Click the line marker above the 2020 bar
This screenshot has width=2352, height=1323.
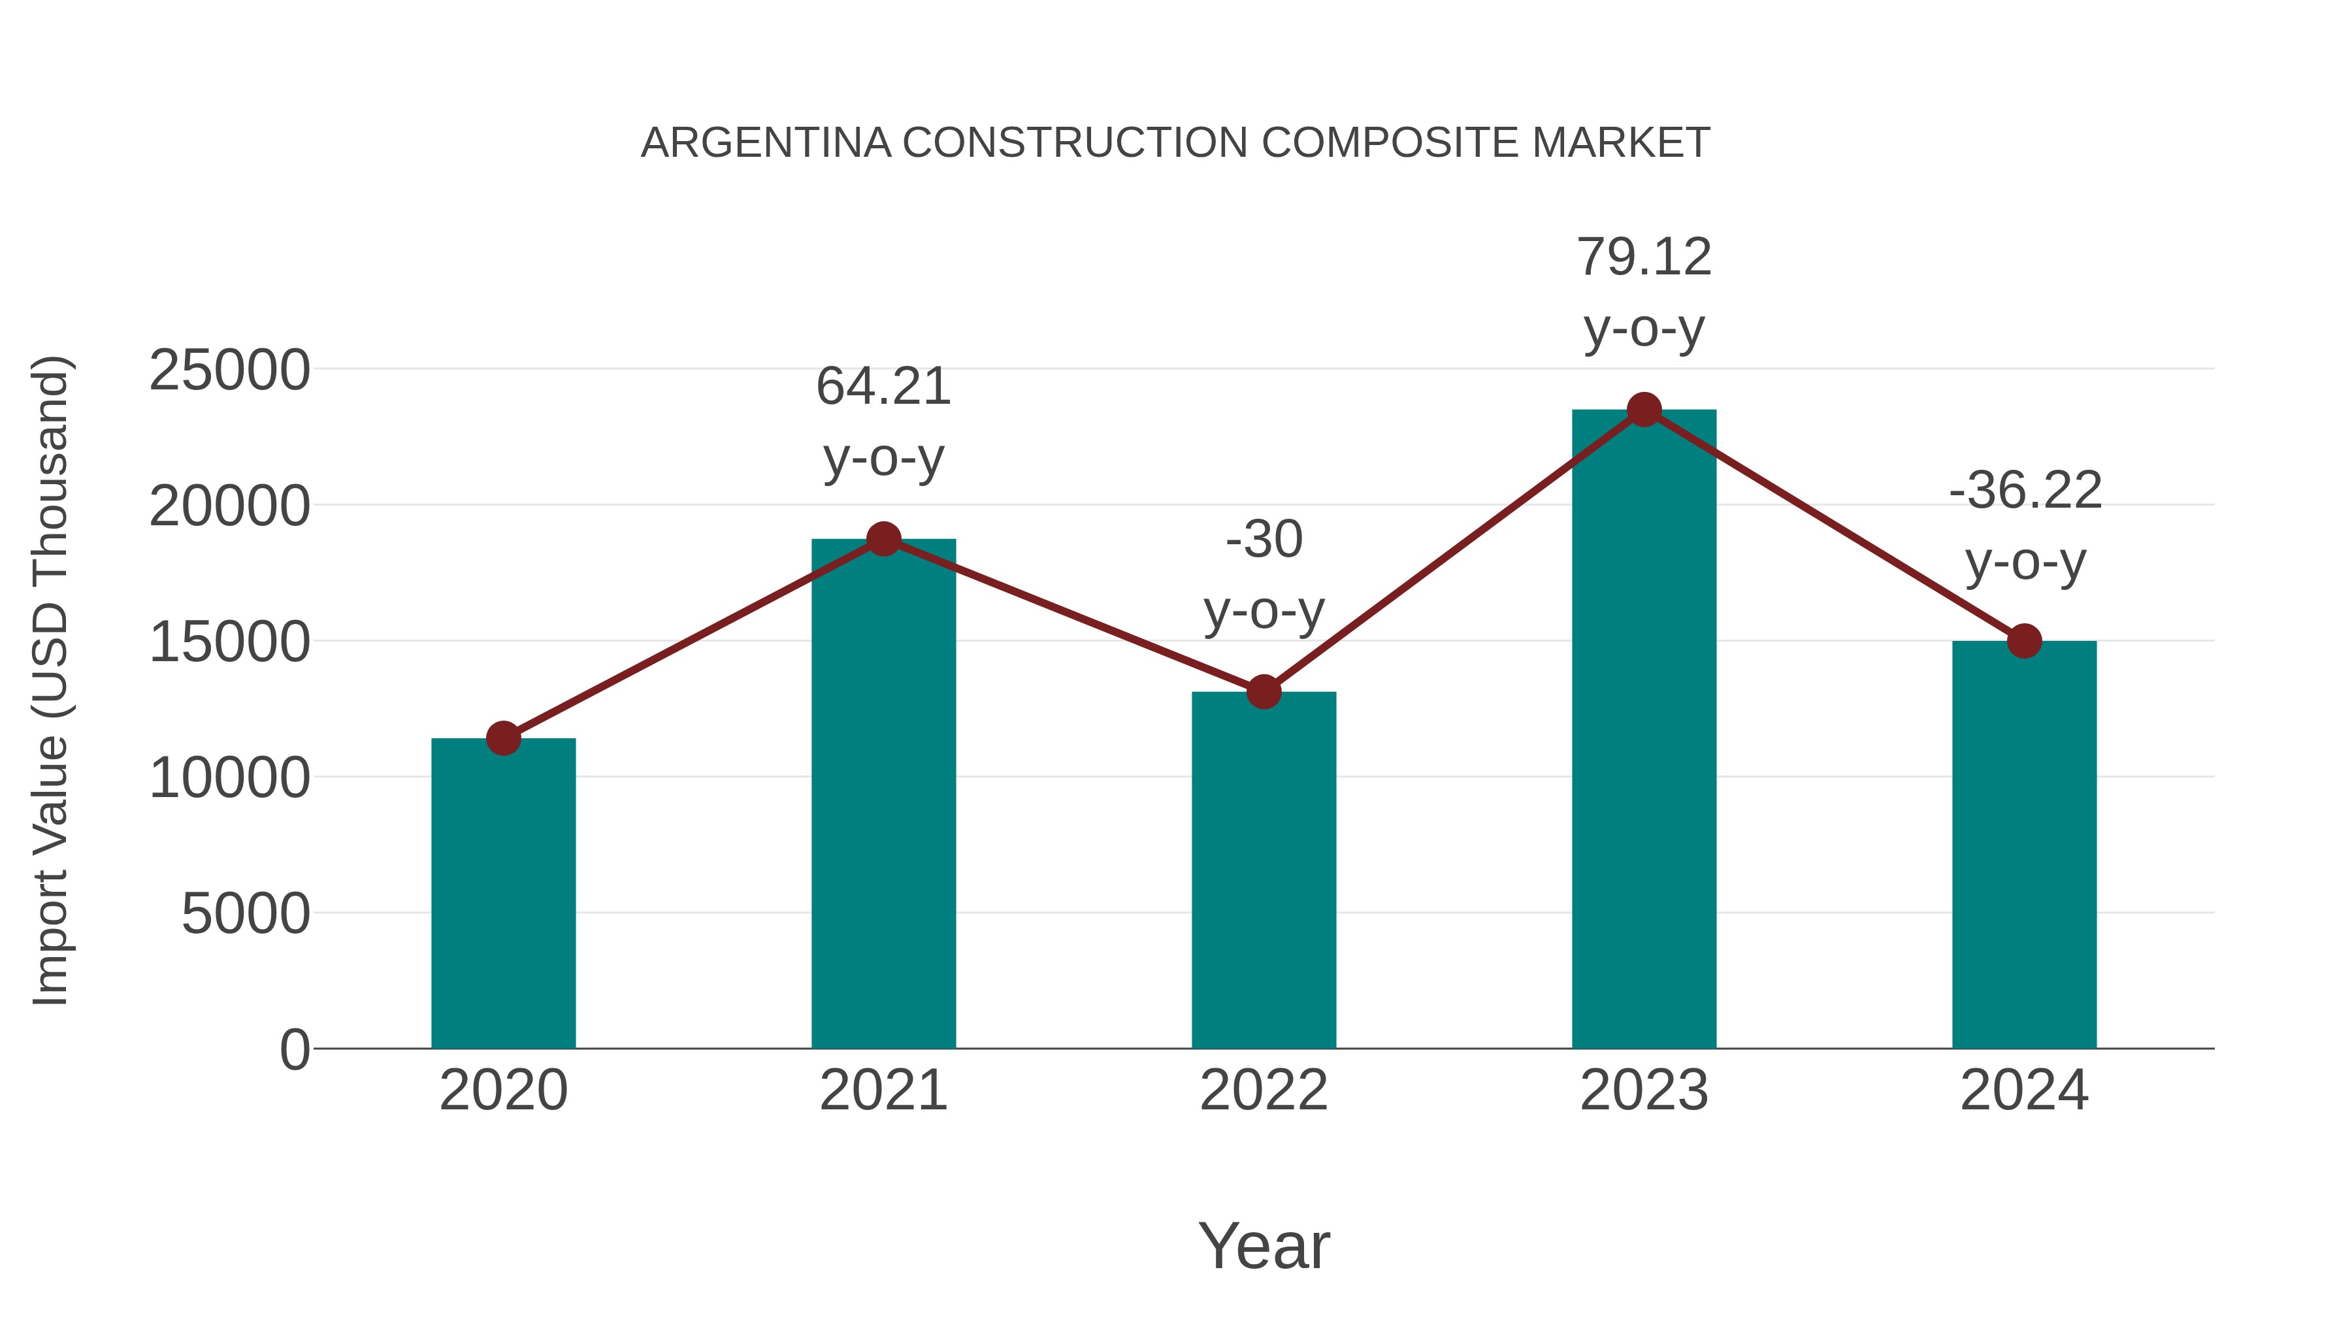[503, 738]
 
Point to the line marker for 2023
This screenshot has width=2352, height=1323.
[1644, 410]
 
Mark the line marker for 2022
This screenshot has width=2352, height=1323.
[1264, 692]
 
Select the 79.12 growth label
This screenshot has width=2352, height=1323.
[1644, 257]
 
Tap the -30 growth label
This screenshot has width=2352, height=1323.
[1264, 539]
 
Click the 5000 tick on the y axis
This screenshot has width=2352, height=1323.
[246, 913]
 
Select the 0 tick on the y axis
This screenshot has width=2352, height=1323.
[295, 1049]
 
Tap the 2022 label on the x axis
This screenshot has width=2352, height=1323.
[1264, 1090]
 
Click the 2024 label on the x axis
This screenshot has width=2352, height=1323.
[2024, 1090]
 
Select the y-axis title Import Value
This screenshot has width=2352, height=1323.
[51, 680]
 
